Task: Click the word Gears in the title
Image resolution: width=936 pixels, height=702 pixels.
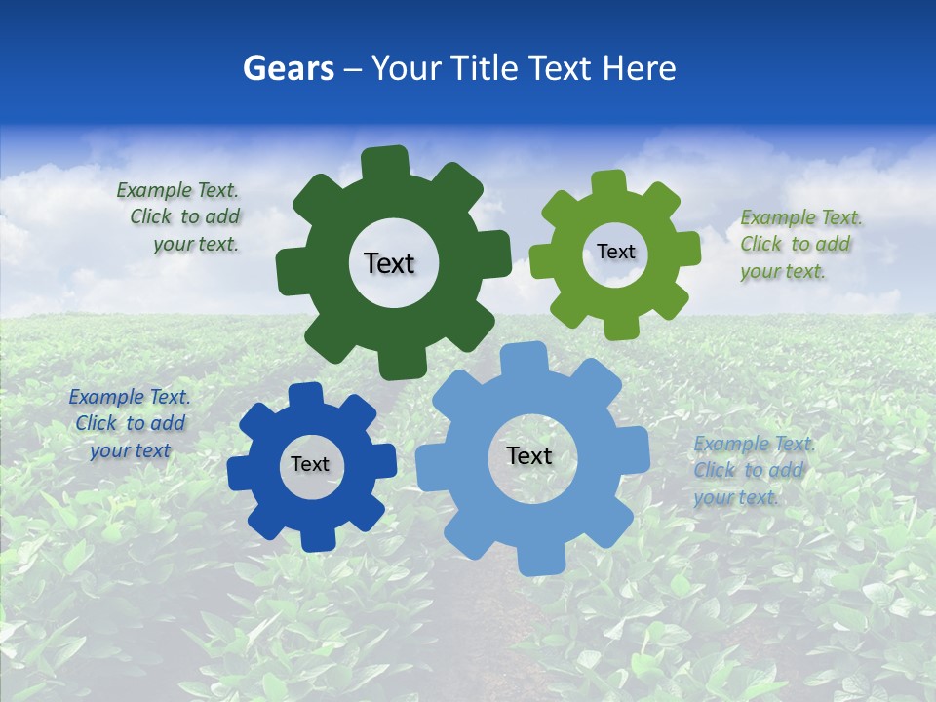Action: [288, 68]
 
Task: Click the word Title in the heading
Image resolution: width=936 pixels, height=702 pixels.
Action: [487, 68]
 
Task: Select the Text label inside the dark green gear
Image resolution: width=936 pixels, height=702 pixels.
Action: [389, 263]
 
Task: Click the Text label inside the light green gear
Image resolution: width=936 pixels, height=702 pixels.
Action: [615, 252]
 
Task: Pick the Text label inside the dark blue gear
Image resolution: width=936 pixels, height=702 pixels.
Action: [310, 464]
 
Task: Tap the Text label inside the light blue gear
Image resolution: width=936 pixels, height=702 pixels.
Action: [529, 455]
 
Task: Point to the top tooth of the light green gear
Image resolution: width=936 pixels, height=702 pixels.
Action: [609, 182]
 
